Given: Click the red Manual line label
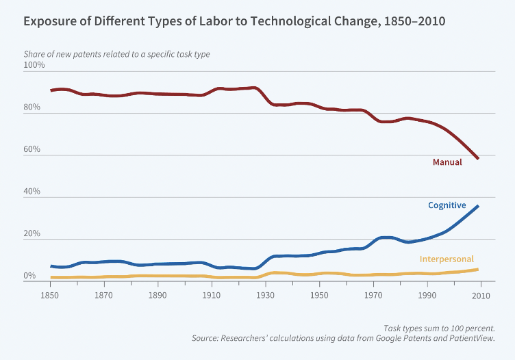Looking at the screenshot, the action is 447,162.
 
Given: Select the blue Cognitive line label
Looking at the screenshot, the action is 447,205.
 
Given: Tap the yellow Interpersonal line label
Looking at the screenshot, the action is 447,259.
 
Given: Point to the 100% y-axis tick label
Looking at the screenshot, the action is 34,64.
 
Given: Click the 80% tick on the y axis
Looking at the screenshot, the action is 32,107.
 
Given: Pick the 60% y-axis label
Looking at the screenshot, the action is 32,149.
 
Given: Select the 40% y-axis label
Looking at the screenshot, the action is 32,191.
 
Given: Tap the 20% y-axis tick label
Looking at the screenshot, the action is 32,233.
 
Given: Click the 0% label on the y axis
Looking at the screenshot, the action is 29,276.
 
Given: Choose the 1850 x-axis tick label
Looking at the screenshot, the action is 49,296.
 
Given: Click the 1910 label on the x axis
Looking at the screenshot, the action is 211,296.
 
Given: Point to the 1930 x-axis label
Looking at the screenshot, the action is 265,296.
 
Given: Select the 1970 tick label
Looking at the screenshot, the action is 373,296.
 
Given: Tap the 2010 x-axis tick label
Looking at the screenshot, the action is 481,296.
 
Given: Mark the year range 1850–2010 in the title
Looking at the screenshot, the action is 414,21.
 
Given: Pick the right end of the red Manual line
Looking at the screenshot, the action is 478,159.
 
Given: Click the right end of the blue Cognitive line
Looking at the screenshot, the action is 478,206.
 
